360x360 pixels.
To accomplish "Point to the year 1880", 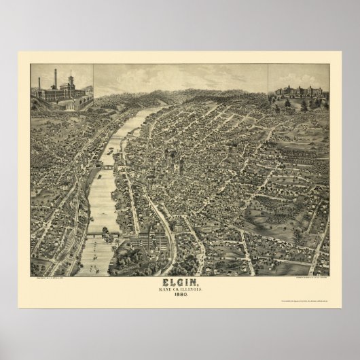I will (180, 295).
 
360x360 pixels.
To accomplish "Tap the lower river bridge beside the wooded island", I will (102, 234).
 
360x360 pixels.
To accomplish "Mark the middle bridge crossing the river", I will (107, 165).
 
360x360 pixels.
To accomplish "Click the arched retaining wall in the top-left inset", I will (80, 103).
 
